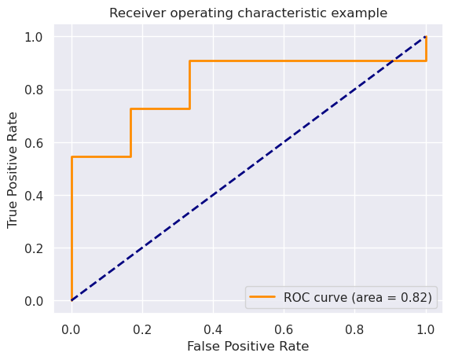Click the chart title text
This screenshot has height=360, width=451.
pos(248,13)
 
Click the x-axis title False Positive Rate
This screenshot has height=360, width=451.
pos(248,346)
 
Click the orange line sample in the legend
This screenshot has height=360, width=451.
pos(264,297)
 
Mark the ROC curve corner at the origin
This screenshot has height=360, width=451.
pos(71,300)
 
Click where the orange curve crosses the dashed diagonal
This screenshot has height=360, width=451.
pos(393,61)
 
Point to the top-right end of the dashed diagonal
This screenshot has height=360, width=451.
pos(426,37)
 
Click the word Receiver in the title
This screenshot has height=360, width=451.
pos(134,13)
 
